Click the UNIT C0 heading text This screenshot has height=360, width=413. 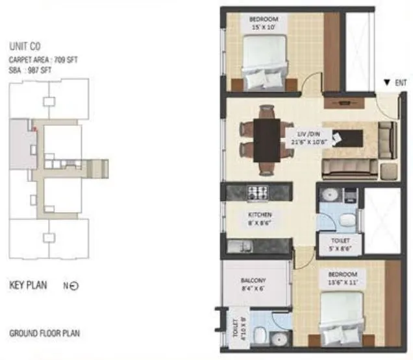coord(25,47)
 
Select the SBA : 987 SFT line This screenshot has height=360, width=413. coord(30,68)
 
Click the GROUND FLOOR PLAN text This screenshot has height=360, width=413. coord(44,335)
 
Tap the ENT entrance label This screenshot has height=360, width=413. coord(397,83)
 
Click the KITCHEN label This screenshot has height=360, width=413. coord(258,215)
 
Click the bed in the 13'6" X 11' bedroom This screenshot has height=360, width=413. coord(340,319)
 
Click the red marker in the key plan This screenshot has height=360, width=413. coord(37,128)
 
